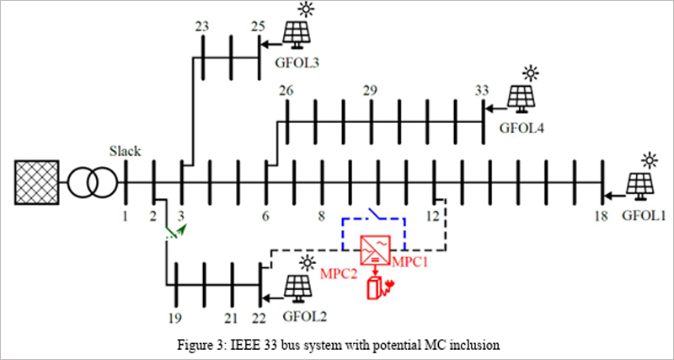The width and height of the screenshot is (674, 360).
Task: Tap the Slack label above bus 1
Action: [125, 152]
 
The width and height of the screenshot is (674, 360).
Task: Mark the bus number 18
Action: [600, 218]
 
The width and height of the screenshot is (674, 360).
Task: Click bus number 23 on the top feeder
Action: [202, 26]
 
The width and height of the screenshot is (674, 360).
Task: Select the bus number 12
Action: [432, 218]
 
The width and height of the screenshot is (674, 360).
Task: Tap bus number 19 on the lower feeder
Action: [174, 318]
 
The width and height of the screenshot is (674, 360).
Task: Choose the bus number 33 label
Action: [482, 89]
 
